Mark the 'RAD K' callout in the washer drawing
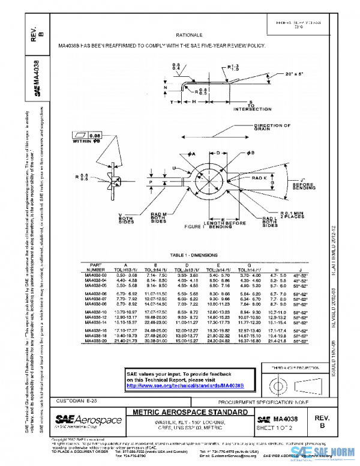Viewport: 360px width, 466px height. pyautogui.click(x=259, y=178)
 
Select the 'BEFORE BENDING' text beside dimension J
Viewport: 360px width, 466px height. pyautogui.click(x=304, y=186)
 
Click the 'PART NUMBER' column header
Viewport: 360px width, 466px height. pyautogui.click(x=96, y=267)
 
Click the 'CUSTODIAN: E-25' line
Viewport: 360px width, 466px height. pyautogui.click(x=82, y=399)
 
